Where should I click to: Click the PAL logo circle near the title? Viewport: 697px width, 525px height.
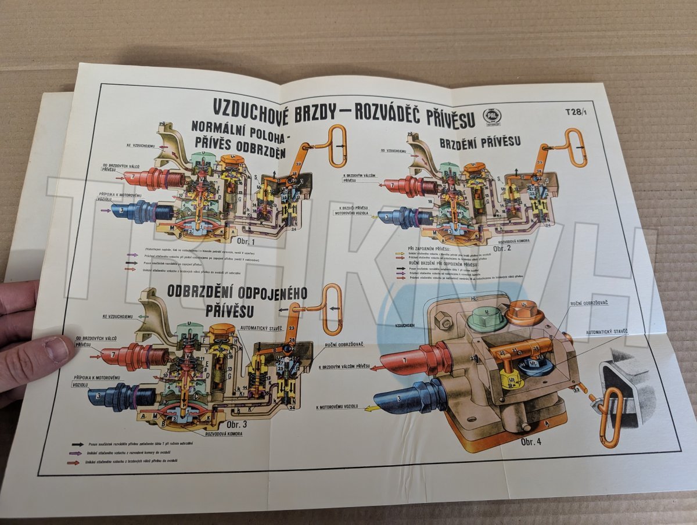(492, 116)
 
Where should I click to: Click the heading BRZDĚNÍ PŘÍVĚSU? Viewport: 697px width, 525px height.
(479, 142)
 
